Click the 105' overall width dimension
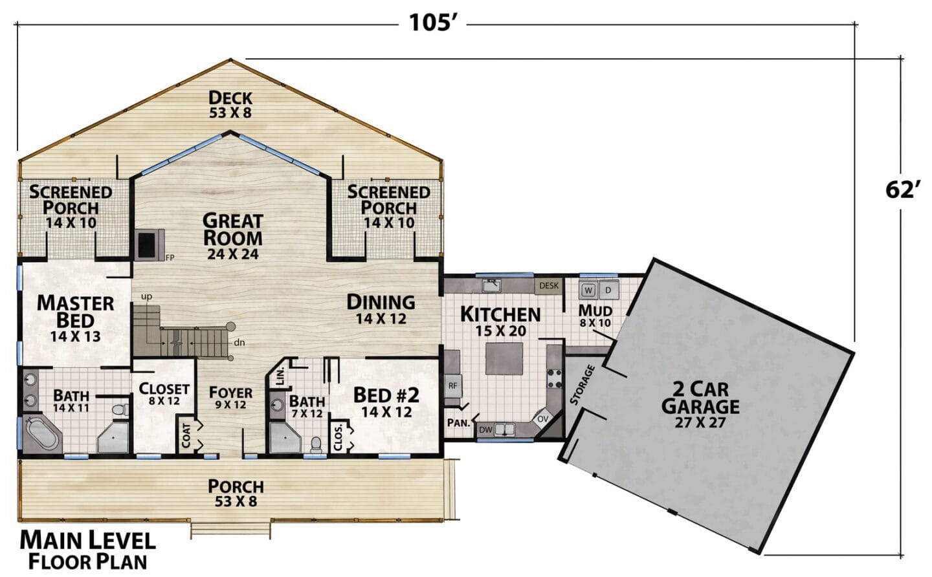tap(433, 23)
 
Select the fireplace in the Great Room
tap(146, 245)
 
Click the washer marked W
tap(588, 290)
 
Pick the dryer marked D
tap(608, 290)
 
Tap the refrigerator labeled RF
tap(452, 386)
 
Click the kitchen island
tap(504, 358)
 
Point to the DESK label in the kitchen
tap(548, 286)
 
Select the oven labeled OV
tap(543, 419)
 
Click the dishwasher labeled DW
tap(485, 430)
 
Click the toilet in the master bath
tap(120, 409)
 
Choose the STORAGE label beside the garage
tap(582, 385)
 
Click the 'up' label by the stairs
tap(146, 296)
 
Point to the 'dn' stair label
tap(239, 343)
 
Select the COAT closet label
tap(186, 435)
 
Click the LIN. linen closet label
tap(280, 376)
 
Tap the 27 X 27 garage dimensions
tap(701, 422)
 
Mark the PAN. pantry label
tap(458, 423)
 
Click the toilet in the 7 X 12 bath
tap(316, 444)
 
